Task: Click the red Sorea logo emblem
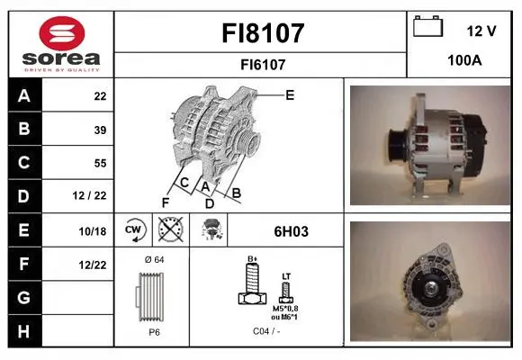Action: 62,33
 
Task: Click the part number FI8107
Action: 263,33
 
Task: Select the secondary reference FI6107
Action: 263,65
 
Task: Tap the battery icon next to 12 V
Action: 428,26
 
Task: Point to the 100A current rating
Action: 464,60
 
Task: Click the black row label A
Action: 24,96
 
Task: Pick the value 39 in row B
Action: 100,130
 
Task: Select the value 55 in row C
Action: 100,163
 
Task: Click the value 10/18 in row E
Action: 93,231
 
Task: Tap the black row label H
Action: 24,332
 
